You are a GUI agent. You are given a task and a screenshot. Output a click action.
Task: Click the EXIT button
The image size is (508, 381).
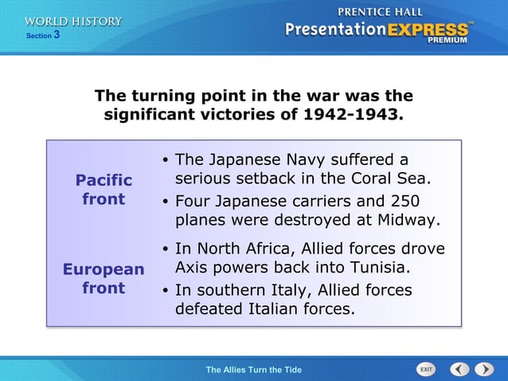click(x=426, y=369)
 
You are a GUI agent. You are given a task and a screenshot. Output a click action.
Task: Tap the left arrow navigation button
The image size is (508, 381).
click(x=459, y=369)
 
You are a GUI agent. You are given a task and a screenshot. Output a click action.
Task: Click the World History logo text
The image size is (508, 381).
click(x=73, y=22)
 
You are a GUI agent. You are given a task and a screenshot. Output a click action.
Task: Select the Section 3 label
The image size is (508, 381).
click(x=43, y=36)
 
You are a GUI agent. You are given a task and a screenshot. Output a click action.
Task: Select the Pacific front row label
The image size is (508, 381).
click(x=104, y=189)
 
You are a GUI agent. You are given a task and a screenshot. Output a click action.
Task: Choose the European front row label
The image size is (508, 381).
click(x=104, y=278)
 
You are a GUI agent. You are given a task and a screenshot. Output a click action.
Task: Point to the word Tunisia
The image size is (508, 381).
click(x=377, y=267)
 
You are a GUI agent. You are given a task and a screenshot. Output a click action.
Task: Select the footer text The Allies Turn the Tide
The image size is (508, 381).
click(x=253, y=369)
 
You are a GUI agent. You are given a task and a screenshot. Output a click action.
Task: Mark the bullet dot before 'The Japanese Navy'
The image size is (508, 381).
click(x=164, y=160)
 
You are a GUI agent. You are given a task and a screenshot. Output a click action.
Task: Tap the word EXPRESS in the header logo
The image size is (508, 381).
click(x=428, y=28)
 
